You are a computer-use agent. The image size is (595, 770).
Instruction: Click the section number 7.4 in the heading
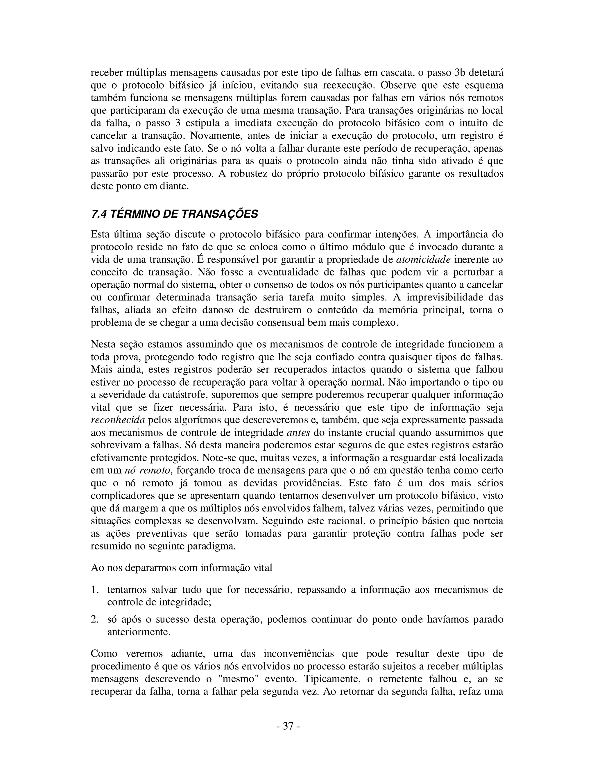point(99,214)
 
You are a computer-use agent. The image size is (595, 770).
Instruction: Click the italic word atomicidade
point(423,259)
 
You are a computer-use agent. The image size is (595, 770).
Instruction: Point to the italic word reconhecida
point(118,420)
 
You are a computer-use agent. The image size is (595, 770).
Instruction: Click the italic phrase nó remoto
point(147,470)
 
